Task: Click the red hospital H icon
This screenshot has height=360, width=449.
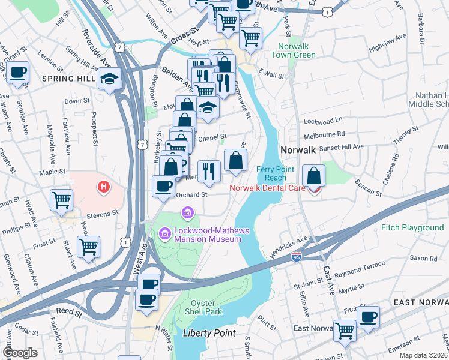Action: coord(104,187)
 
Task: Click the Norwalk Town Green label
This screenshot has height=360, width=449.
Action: coord(296,51)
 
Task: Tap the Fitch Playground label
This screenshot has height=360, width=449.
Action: coord(412,228)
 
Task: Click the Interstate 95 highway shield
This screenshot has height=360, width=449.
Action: coord(297,256)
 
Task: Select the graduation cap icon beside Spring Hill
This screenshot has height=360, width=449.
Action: coord(110,79)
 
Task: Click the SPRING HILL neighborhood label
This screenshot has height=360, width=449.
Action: coord(65,79)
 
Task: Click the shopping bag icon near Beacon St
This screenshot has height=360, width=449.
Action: coord(314,176)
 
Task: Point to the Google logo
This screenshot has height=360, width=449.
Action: coord(20,353)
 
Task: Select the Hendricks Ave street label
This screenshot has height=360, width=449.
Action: coord(288,245)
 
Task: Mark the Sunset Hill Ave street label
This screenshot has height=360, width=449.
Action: coord(342,146)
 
